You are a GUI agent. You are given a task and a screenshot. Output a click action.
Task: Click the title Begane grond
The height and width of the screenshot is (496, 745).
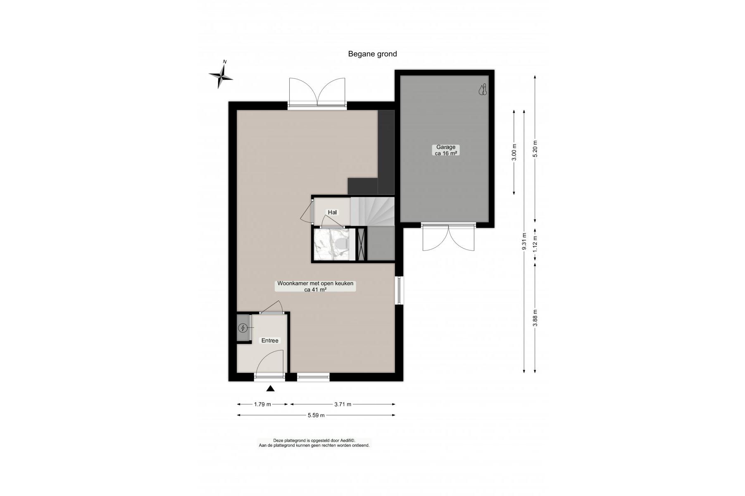click(372, 54)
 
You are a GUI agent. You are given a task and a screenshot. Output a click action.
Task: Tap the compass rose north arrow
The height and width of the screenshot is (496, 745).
click(221, 75)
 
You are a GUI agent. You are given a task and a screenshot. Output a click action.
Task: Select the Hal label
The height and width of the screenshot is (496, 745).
click(332, 212)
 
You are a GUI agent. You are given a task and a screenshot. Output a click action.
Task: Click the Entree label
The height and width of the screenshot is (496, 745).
click(270, 341)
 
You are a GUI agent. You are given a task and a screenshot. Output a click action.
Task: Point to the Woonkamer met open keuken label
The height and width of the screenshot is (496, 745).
click(315, 286)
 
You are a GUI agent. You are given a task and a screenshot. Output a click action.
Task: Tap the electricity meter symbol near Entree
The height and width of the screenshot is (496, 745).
click(243, 328)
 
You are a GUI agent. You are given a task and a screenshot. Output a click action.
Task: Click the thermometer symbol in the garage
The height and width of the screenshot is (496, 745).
click(483, 90)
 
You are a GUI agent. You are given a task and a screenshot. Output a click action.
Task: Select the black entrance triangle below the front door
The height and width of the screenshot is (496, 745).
click(270, 388)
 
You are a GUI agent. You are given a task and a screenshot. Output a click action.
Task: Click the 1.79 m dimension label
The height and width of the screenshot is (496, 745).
click(262, 404)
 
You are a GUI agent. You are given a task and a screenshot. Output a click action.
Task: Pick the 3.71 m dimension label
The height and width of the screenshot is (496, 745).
click(343, 404)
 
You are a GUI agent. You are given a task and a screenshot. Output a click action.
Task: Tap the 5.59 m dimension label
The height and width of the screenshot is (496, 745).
click(316, 415)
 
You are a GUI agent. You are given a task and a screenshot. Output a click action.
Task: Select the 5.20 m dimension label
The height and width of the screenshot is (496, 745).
click(535, 149)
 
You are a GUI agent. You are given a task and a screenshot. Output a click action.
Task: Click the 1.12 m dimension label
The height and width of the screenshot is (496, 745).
click(535, 244)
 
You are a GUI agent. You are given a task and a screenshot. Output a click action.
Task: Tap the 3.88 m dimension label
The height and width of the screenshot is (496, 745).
click(535, 318)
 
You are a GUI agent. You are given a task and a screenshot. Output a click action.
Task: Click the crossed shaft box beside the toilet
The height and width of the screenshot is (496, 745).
click(362, 244)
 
